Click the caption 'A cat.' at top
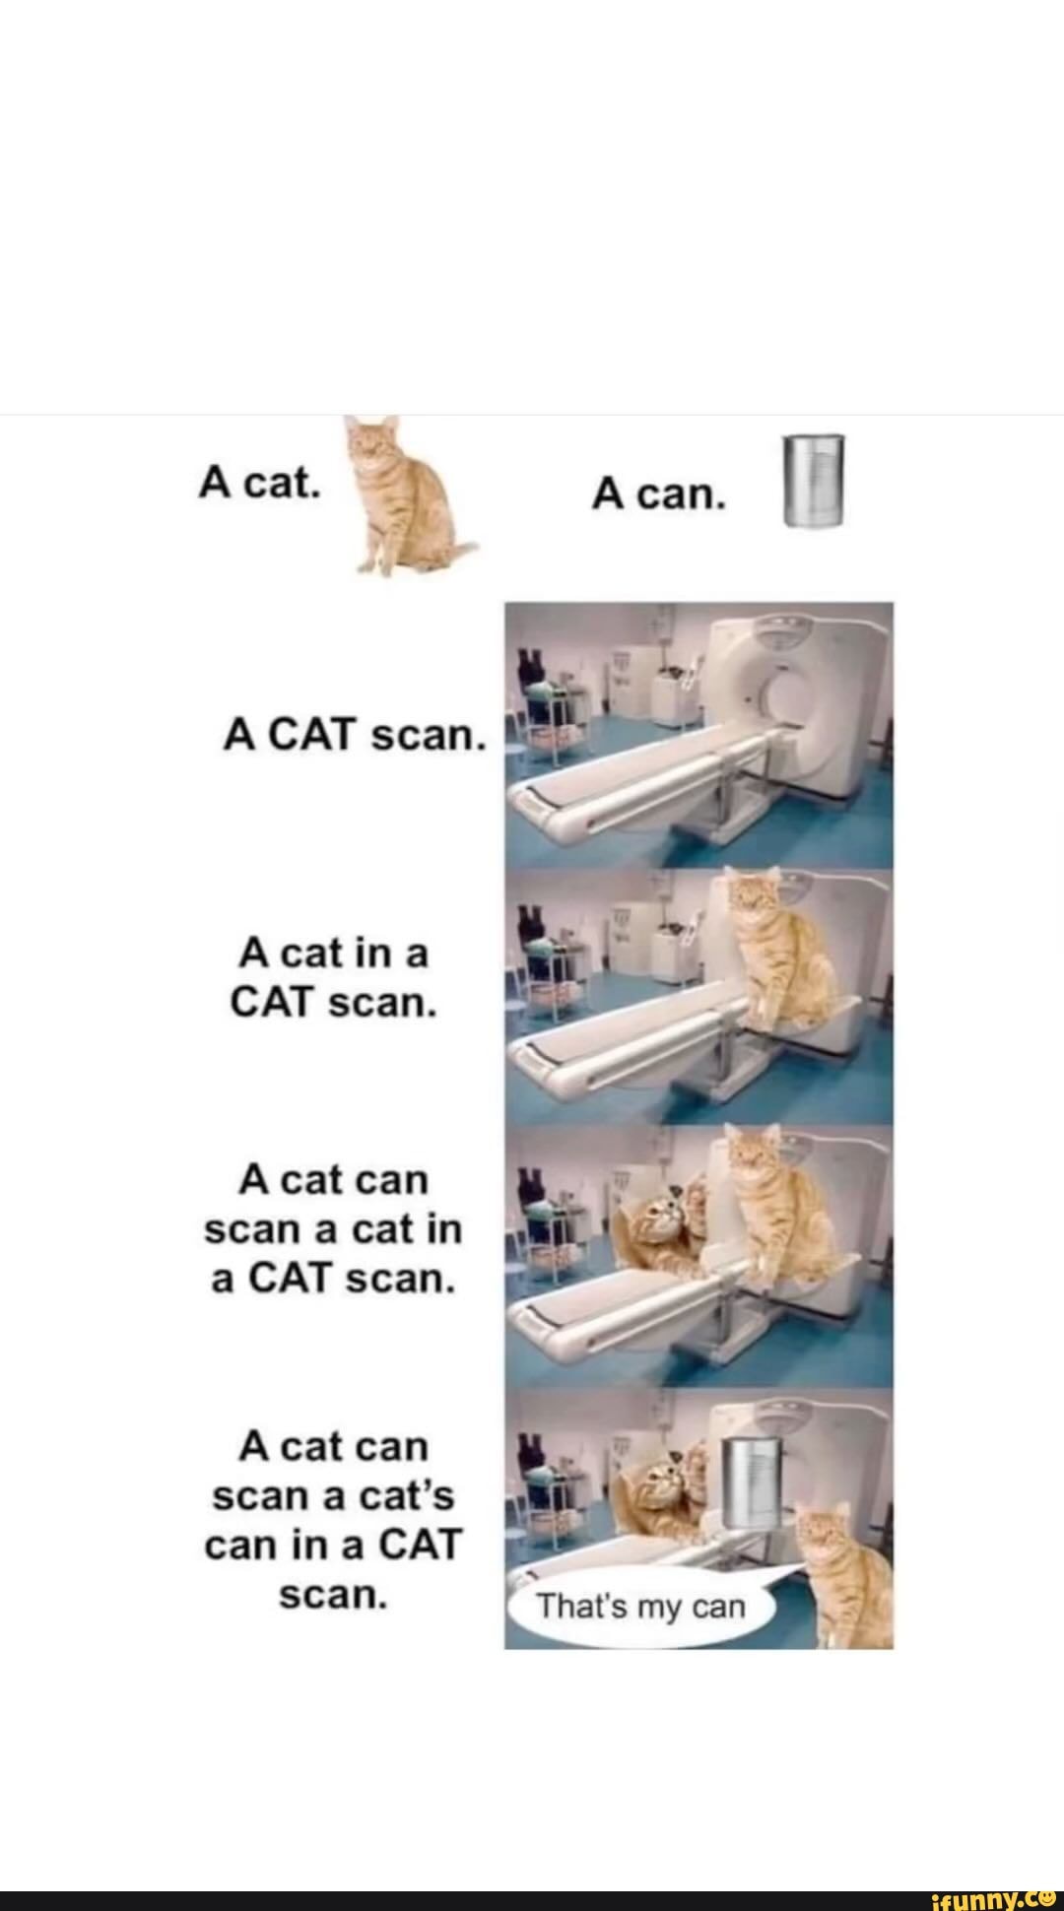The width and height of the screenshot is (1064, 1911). pyautogui.click(x=258, y=482)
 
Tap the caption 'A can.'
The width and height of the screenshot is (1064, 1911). pyautogui.click(x=658, y=495)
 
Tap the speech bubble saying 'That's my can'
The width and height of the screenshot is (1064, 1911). pyautogui.click(x=641, y=1607)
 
